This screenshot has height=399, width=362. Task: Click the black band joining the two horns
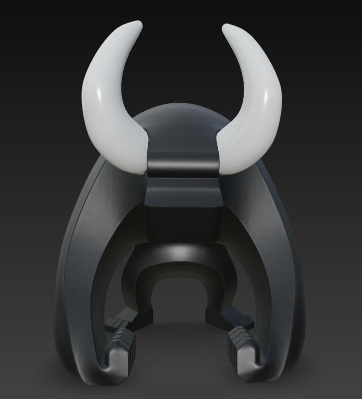183,159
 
